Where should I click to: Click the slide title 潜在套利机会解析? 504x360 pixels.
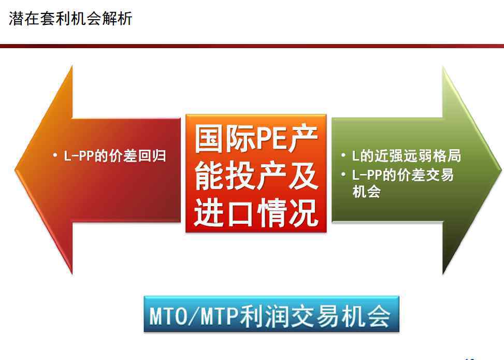[x=70, y=18]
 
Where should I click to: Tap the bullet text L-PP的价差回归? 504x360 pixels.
[x=115, y=156]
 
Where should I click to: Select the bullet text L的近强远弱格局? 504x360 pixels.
[x=407, y=156]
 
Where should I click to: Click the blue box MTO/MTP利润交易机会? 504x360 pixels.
[x=271, y=314]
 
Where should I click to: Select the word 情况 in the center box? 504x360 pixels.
[x=287, y=212]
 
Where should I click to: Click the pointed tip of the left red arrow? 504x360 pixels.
[x=15, y=169]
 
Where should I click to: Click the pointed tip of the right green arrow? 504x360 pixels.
[x=501, y=169]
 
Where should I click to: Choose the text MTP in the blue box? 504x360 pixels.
[x=220, y=315]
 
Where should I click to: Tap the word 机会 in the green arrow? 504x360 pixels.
[x=366, y=191]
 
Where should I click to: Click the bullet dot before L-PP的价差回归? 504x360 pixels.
[x=55, y=155]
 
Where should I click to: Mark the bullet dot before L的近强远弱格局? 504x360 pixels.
[x=343, y=155]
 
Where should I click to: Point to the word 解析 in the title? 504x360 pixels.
[x=117, y=18]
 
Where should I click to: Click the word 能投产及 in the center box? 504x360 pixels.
[x=256, y=176]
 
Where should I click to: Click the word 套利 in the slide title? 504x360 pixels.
[x=55, y=18]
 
